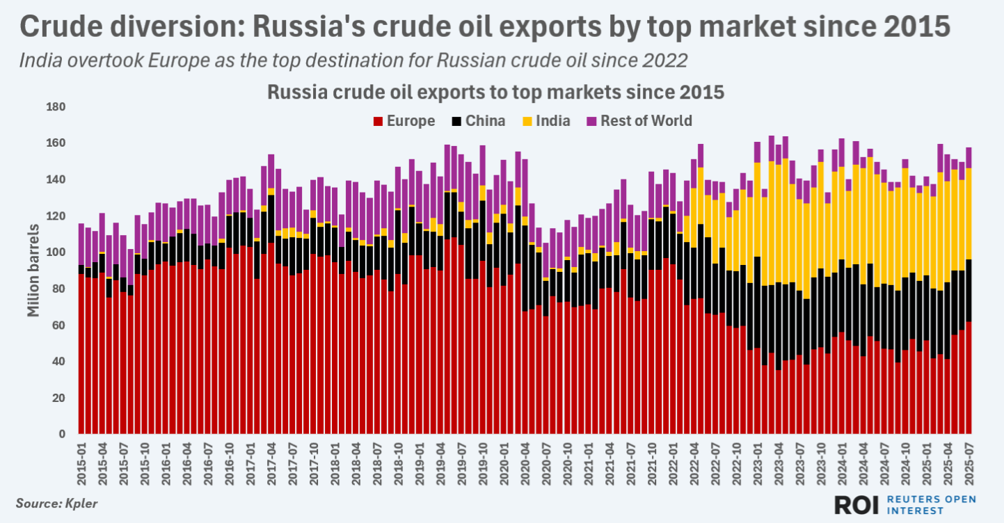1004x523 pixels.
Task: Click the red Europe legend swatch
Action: [x=379, y=122]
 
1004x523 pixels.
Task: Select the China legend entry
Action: [x=485, y=121]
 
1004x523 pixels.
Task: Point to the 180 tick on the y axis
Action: [x=55, y=107]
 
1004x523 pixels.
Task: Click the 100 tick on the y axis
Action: [x=55, y=252]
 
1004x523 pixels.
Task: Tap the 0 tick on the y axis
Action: [x=62, y=435]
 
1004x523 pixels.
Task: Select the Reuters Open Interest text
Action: [x=932, y=506]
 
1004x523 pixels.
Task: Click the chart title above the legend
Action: [x=496, y=93]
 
